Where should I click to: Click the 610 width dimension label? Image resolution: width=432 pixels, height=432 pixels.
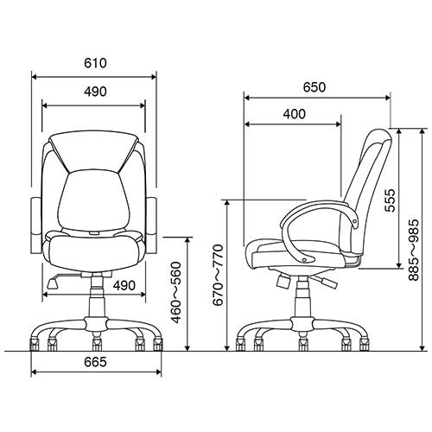95,63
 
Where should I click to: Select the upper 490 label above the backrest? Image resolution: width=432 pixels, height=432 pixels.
95,92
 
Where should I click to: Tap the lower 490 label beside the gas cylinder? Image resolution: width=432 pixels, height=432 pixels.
124,285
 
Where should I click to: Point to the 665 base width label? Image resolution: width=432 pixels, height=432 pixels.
95,362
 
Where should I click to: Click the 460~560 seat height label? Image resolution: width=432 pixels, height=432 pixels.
176,292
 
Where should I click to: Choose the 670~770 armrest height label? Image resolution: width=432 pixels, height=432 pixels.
218,275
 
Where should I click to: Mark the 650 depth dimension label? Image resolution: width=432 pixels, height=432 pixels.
314,87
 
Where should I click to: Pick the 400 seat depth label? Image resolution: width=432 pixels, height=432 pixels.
294,114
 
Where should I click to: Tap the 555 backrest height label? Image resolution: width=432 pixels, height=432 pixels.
391,200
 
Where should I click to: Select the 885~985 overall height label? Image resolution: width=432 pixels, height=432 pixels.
414,250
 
